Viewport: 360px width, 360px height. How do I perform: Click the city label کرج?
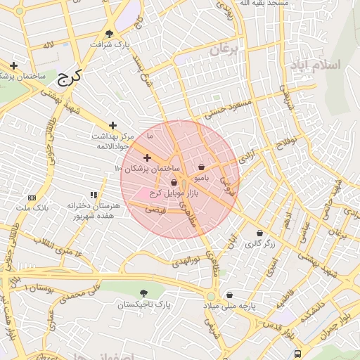tap(70, 77)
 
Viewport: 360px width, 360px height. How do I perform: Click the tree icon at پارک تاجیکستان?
tap(144, 292)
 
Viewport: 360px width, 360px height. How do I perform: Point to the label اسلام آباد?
tap(314, 65)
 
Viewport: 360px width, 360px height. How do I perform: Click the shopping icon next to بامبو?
tap(202, 167)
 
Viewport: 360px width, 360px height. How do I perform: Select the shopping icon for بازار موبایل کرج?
tap(173, 184)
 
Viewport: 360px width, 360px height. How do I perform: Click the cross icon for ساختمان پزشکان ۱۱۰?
tap(147, 157)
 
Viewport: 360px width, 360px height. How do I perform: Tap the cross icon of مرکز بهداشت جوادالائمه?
tap(112, 125)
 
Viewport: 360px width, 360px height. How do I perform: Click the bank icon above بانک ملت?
tap(32, 198)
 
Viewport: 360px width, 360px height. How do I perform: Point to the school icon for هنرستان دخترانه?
tap(94, 195)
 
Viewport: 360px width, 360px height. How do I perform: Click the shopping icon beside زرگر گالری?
tap(259, 233)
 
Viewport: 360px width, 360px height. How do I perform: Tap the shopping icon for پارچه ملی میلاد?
tap(229, 295)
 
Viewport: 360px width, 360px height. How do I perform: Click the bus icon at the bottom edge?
tap(298, 354)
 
